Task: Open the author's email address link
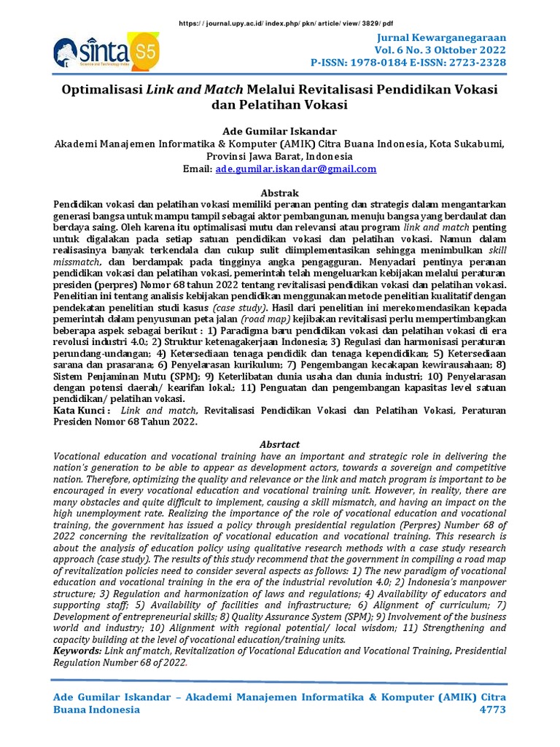(296, 169)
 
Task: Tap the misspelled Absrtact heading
(280, 444)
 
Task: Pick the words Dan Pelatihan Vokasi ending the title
(280, 105)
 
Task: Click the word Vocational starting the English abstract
(80, 456)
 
